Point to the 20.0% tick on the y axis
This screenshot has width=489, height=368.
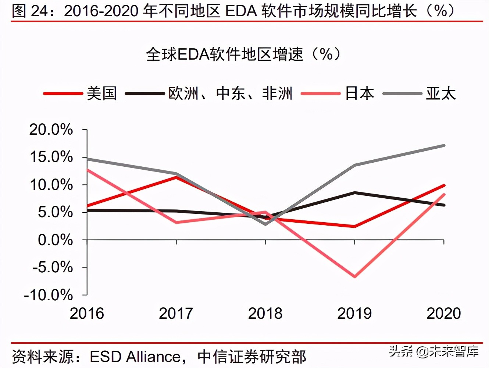coord(51,130)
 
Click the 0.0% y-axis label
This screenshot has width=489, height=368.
coord(55,240)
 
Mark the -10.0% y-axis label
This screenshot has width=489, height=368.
coord(49,295)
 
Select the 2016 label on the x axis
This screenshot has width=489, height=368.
coord(87,314)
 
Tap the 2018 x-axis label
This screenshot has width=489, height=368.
coord(265,314)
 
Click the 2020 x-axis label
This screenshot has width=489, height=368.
coord(443,314)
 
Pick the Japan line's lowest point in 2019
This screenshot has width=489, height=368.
coord(354,276)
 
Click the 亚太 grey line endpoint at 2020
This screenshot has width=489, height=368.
coord(444,146)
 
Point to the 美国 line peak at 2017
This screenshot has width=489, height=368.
coord(176,177)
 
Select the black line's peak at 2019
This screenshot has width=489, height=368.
coord(354,192)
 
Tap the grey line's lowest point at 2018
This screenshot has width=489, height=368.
coord(265,224)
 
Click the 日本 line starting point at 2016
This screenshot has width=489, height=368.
coord(87,170)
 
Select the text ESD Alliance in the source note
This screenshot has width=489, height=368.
coord(135,357)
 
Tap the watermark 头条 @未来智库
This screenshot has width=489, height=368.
coord(434,351)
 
